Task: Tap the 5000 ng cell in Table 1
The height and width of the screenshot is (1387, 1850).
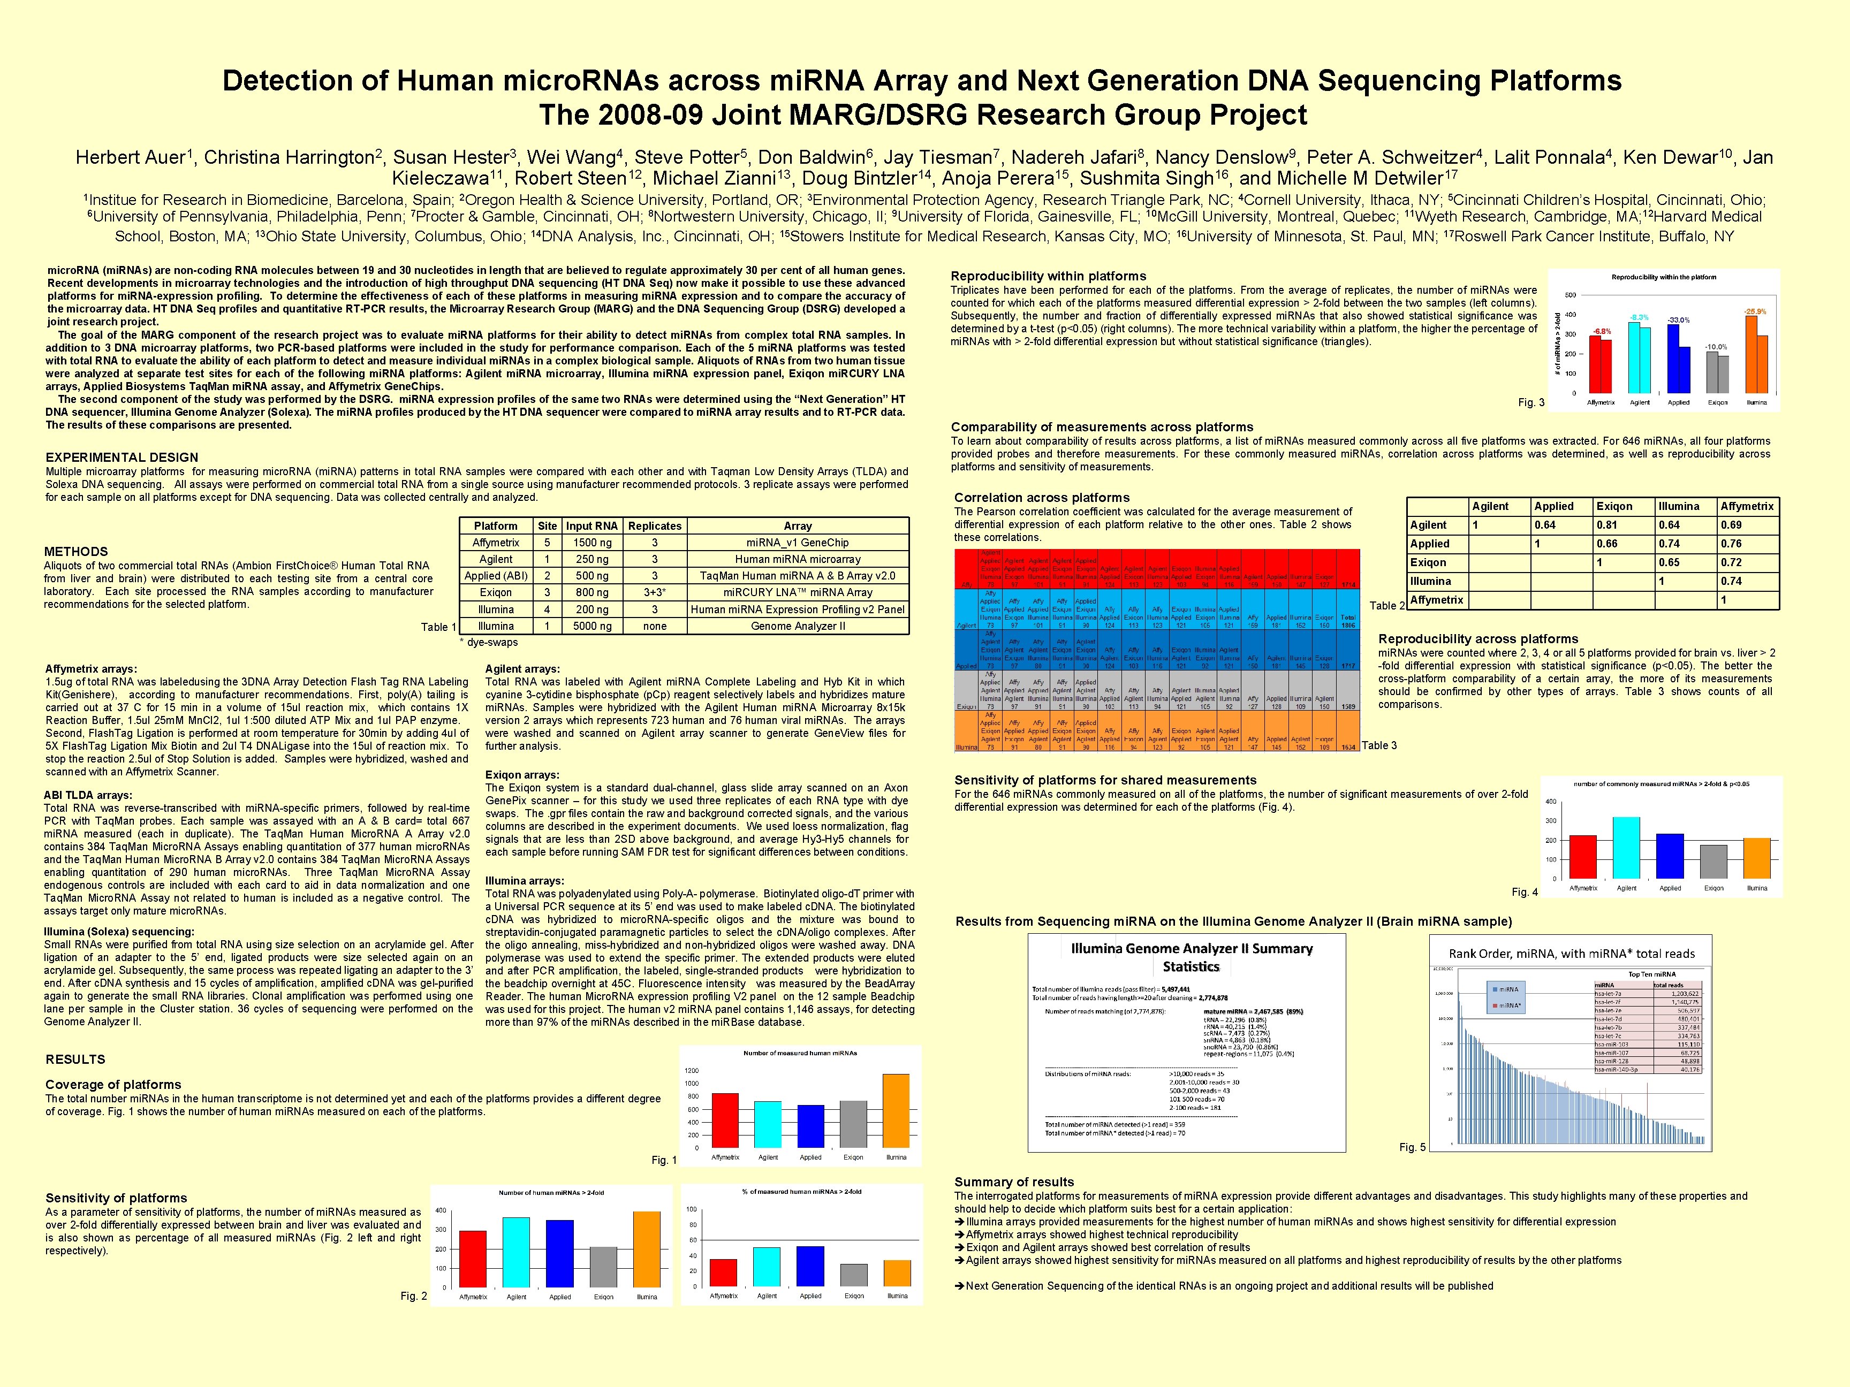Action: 592,626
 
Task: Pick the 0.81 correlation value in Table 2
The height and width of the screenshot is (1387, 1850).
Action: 1606,525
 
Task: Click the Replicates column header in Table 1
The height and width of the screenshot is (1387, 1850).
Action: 655,526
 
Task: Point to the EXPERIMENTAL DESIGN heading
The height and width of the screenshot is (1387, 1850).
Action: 122,458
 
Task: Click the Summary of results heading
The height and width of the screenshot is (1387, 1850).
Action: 1014,1182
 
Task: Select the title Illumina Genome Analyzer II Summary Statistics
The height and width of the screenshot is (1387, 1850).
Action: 1192,957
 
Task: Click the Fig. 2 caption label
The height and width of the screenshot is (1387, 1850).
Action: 413,1297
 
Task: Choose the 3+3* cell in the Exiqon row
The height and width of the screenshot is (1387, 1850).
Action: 655,593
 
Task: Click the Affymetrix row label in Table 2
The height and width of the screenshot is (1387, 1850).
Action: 1436,600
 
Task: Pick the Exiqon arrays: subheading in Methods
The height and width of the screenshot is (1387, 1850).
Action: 522,775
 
